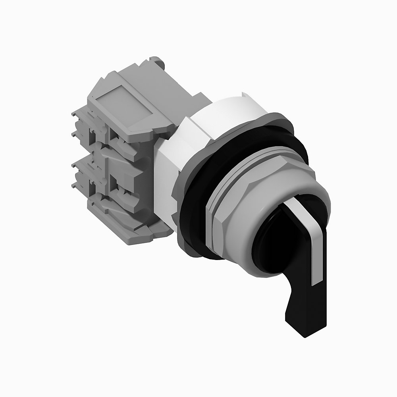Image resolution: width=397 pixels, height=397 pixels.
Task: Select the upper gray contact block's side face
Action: [127, 139]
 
